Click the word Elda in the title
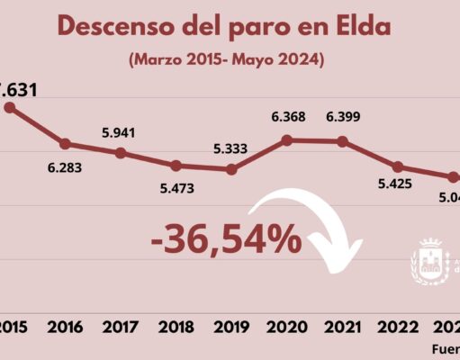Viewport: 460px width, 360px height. tap(359, 27)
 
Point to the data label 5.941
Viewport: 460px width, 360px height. tap(121, 131)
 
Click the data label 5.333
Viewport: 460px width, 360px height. tap(231, 148)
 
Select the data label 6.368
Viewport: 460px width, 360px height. tap(286, 117)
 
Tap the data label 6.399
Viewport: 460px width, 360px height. tap(342, 117)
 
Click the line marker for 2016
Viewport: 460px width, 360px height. tap(66, 144)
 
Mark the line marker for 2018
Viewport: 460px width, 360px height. tap(176, 166)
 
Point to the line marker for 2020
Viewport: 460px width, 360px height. tap(286, 139)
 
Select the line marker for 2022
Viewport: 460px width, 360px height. tap(397, 166)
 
